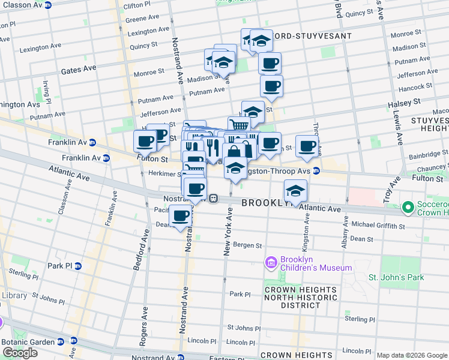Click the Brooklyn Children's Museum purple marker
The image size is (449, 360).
coord(271,262)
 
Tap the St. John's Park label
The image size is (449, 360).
coord(396,277)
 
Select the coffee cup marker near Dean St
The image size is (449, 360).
coord(180,216)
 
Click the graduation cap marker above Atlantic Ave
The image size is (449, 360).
coord(295,191)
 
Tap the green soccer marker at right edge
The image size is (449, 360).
coord(409,208)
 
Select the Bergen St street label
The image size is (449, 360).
coord(248,245)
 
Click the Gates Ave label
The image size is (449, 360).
coord(78,70)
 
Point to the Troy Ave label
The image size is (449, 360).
coord(395,188)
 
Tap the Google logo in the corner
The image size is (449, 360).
coord(20,353)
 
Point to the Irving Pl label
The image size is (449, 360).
coord(46,91)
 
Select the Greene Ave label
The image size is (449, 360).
coord(142,19)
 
